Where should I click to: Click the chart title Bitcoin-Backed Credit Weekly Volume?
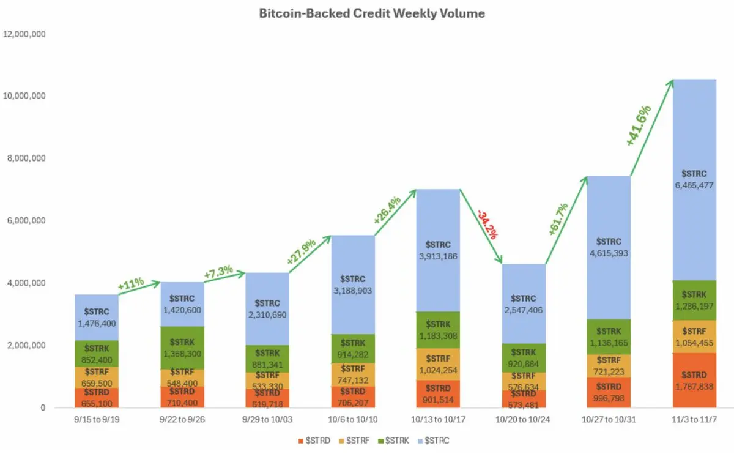coord(372,13)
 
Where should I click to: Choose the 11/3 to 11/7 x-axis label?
coord(694,422)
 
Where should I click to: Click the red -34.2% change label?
coord(488,225)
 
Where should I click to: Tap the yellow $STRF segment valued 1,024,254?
coord(437,365)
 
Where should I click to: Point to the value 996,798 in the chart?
coord(609,398)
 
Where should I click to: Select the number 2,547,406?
coord(524,310)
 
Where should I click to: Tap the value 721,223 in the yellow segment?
coord(609,372)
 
